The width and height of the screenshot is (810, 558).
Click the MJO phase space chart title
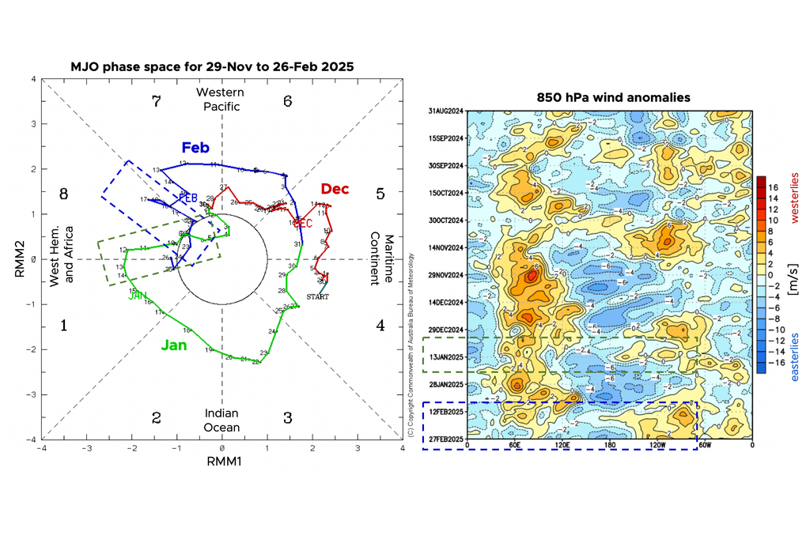pos(212,67)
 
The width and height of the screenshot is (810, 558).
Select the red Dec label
pos(335,189)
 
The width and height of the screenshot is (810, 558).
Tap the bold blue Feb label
pos(195,148)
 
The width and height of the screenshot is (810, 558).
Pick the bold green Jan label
pos(174,345)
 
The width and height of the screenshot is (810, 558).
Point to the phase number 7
pos(156,101)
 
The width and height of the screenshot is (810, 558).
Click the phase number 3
pos(288,417)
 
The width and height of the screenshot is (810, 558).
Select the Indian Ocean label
pos(221,420)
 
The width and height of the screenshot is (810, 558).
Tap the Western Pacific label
pos(221,100)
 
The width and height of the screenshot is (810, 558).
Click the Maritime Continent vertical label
pos(380,259)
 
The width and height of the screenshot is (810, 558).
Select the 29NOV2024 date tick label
pos(445,275)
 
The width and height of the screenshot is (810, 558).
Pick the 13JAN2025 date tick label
pos(445,356)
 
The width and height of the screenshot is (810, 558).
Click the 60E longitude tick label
pos(514,445)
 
